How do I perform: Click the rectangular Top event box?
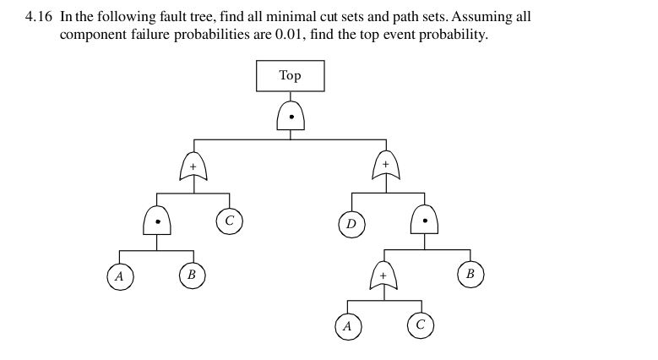point(290,76)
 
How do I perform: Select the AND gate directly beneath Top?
point(291,117)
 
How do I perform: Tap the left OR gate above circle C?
point(193,166)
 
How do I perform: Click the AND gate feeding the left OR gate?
point(157,221)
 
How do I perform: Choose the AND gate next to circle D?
point(425,220)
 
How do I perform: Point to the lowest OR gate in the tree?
point(384,276)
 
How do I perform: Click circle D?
point(351,225)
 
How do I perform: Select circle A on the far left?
point(120,276)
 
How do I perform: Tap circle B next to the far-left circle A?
point(192,275)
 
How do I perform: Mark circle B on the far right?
point(470,274)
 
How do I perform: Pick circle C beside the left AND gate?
point(229,221)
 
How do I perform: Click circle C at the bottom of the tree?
point(421,325)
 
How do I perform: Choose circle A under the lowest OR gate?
point(347,326)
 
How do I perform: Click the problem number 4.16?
point(40,17)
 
